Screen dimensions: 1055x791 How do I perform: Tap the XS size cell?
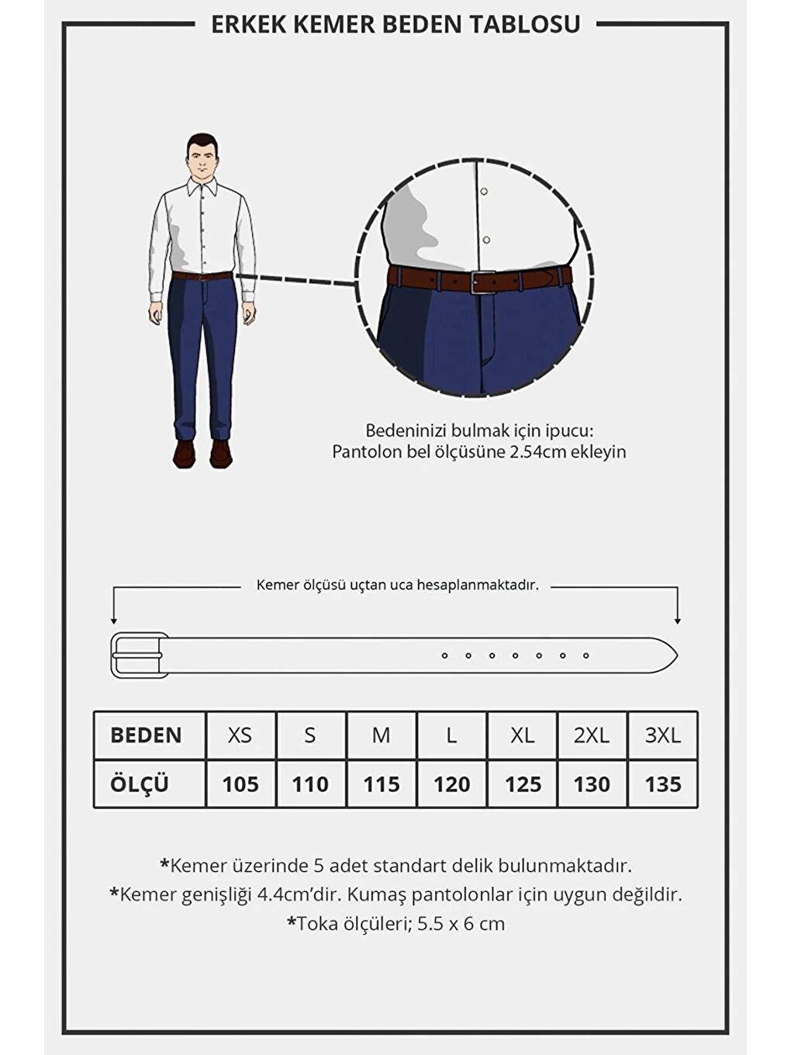click(x=240, y=735)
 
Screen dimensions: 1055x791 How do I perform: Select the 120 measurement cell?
click(x=451, y=784)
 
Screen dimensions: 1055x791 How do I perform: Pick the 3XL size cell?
click(x=662, y=735)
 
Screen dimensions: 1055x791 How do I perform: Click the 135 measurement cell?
click(x=662, y=784)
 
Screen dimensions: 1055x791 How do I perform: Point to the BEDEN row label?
click(x=146, y=735)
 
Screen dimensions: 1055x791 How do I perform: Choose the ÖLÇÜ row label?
click(x=140, y=784)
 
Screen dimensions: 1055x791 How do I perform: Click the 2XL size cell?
click(x=591, y=735)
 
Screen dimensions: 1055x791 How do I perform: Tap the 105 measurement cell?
click(x=240, y=784)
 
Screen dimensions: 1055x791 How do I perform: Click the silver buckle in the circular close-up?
click(x=482, y=282)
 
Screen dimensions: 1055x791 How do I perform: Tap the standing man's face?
click(x=202, y=159)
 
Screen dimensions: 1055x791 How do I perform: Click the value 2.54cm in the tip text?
click(x=537, y=452)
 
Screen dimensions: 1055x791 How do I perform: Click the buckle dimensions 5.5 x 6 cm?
click(x=461, y=924)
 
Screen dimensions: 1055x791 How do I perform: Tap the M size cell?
click(x=381, y=735)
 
